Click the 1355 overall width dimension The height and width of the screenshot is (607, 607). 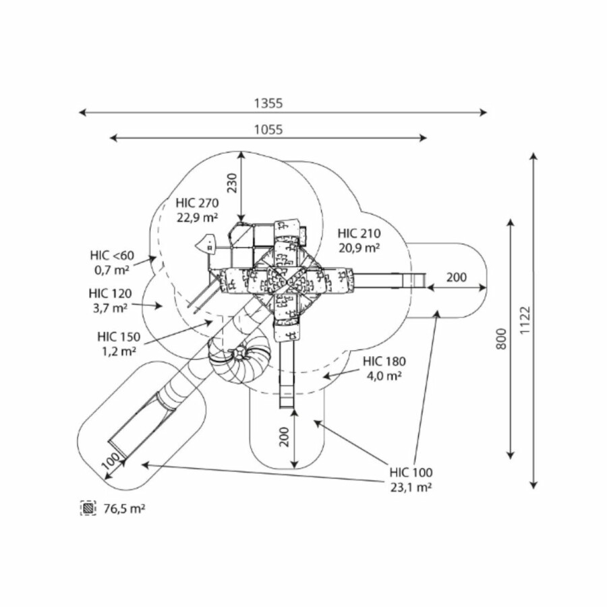click(268, 103)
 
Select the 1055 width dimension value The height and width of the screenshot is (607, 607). click(268, 129)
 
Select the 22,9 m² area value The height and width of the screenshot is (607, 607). click(196, 216)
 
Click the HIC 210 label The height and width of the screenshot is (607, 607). click(359, 233)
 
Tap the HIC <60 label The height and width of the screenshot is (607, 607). click(112, 255)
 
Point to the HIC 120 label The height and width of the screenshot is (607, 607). click(110, 293)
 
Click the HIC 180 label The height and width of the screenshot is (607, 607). click(384, 362)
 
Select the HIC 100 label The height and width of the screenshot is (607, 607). click(411, 472)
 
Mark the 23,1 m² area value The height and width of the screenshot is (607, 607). click(411, 486)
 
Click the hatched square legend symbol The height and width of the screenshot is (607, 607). click(88, 508)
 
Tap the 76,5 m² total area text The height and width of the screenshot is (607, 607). click(124, 508)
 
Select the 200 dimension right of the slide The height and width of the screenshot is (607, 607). click(457, 277)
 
